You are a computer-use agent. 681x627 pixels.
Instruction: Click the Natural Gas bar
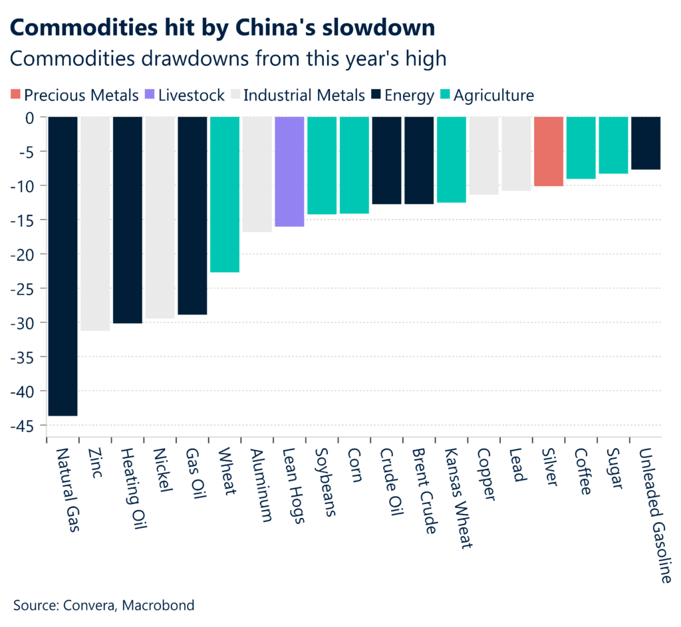click(x=63, y=266)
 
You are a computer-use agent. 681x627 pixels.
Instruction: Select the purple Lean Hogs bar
click(x=289, y=172)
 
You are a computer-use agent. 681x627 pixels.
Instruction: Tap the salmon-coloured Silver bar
click(x=549, y=152)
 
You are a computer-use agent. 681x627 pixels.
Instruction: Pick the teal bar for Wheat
click(x=225, y=194)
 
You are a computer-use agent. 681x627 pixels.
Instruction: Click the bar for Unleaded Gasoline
click(x=646, y=143)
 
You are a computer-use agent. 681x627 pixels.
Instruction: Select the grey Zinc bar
click(x=95, y=223)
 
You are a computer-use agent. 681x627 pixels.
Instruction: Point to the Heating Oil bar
click(x=128, y=219)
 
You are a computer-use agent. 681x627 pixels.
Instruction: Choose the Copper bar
click(x=483, y=156)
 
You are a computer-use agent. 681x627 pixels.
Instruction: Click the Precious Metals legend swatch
click(x=16, y=95)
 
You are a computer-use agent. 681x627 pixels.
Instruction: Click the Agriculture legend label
click(x=493, y=95)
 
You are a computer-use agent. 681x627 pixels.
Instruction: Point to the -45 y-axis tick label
click(x=24, y=426)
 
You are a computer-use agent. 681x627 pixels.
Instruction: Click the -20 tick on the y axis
click(x=24, y=254)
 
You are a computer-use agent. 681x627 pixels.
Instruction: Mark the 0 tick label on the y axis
click(x=29, y=117)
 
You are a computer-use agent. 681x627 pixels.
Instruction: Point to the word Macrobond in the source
click(x=163, y=605)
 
